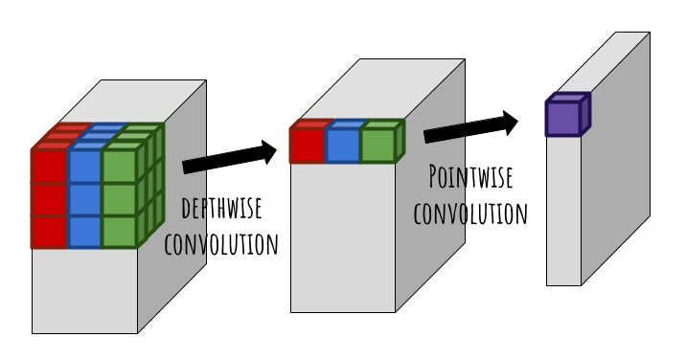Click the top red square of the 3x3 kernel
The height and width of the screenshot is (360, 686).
48,165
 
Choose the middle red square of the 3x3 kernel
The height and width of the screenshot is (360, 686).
48,198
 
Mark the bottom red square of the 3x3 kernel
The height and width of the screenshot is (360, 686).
48,231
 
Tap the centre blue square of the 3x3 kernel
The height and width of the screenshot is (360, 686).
83,198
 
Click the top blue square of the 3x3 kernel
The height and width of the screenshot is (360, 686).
83,165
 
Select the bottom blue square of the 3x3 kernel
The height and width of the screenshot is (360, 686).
83,231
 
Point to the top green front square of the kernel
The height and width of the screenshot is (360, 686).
118,165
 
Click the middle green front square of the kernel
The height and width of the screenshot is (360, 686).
118,198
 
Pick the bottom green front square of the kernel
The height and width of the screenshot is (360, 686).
118,231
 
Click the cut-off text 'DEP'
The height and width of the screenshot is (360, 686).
193,208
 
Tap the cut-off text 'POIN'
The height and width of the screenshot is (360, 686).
446,177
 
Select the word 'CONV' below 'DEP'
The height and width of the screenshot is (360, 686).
185,242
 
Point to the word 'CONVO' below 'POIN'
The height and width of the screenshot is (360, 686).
438,212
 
